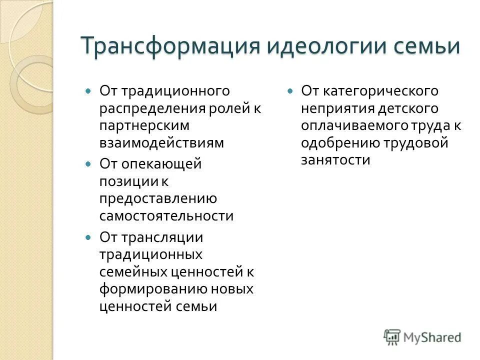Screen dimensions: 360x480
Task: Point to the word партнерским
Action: pos(144,125)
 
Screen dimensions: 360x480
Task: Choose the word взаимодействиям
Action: pos(161,142)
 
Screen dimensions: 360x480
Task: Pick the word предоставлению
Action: pos(158,198)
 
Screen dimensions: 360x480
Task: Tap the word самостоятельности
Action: pos(166,215)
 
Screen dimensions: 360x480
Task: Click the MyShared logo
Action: pos(422,336)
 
